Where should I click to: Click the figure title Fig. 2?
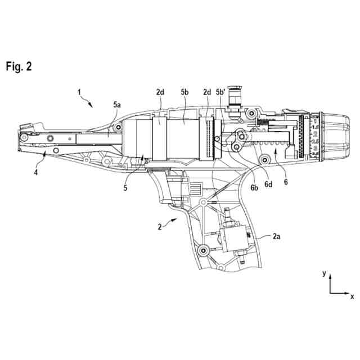tap(19, 66)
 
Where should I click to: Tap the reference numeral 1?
tap(79, 91)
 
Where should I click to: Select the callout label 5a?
tap(117, 105)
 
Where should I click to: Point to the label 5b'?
tap(220, 92)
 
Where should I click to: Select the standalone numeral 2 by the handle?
tap(160, 227)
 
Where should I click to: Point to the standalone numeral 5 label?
tap(125, 188)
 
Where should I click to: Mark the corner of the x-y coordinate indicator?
tap(330, 292)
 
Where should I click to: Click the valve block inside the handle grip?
tap(232, 238)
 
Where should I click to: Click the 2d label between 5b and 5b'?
tap(206, 92)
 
